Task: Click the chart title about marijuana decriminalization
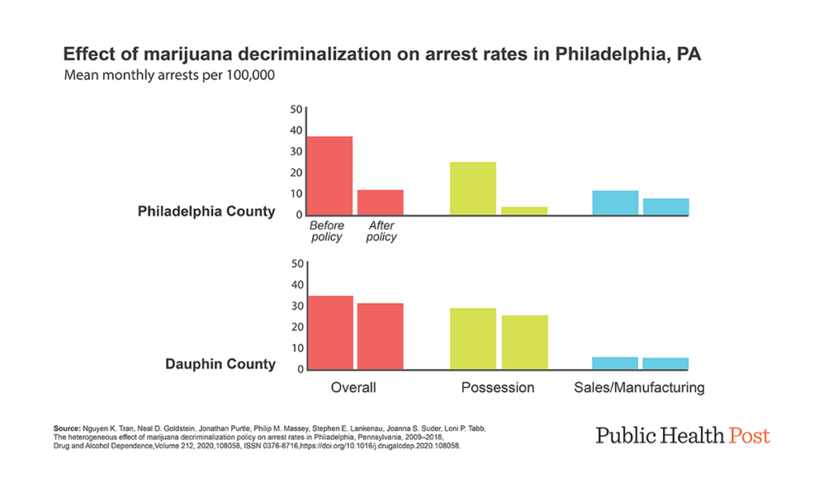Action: point(382,55)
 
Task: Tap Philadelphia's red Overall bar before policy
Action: point(329,176)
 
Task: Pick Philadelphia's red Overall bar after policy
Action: point(380,202)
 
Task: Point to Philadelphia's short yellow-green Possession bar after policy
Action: point(524,211)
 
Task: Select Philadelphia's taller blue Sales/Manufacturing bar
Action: point(615,202)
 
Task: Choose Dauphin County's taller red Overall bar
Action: point(329,333)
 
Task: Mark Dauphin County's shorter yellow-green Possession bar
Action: point(524,342)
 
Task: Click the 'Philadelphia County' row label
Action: point(206,211)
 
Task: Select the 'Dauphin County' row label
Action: point(220,364)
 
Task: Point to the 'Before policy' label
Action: point(327,231)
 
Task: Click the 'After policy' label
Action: point(382,231)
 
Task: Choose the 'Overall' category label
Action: point(353,388)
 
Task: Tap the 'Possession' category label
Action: point(498,388)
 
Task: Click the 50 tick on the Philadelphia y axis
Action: point(295,110)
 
